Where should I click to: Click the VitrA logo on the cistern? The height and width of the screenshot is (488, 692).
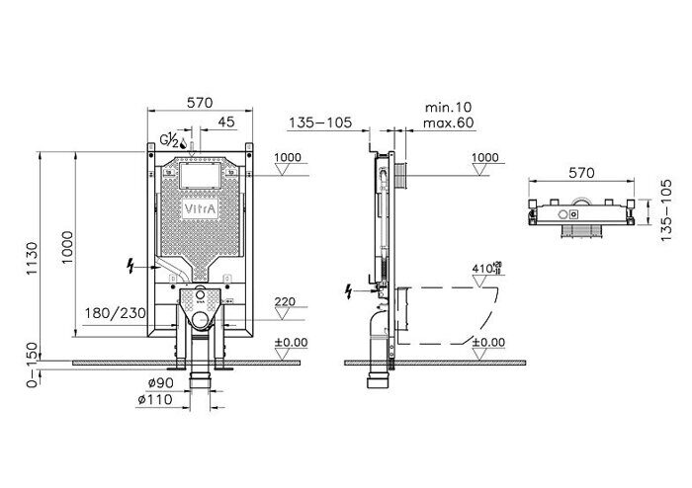[200, 210]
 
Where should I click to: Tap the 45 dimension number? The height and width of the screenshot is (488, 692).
[227, 123]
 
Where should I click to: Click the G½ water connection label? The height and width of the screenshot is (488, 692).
[170, 141]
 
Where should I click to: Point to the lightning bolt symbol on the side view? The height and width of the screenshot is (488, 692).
[347, 290]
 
